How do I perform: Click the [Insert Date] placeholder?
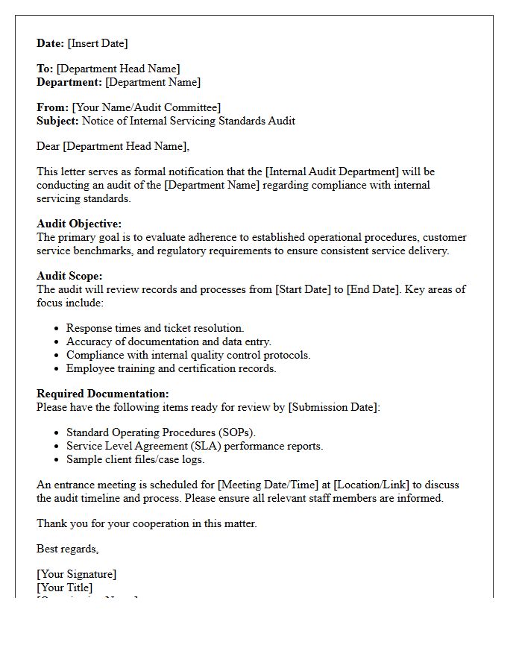pyautogui.click(x=98, y=43)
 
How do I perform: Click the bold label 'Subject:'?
pyautogui.click(x=57, y=121)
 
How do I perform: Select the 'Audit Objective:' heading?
pyautogui.click(x=79, y=224)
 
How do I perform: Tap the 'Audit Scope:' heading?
pyautogui.click(x=69, y=276)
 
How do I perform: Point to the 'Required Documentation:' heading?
pyautogui.click(x=103, y=394)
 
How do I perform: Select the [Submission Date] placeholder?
pyautogui.click(x=334, y=407)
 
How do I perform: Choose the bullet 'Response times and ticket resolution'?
pyautogui.click(x=155, y=328)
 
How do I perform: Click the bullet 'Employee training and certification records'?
pyautogui.click(x=171, y=368)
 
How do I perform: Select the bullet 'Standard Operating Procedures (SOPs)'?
pyautogui.click(x=160, y=432)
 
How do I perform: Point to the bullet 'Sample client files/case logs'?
pyautogui.click(x=135, y=459)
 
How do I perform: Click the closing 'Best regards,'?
pyautogui.click(x=68, y=549)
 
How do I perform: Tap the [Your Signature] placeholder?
pyautogui.click(x=77, y=574)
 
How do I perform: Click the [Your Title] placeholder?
pyautogui.click(x=65, y=587)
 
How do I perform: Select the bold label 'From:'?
pyautogui.click(x=52, y=107)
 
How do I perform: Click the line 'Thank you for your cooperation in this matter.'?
pyautogui.click(x=147, y=523)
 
